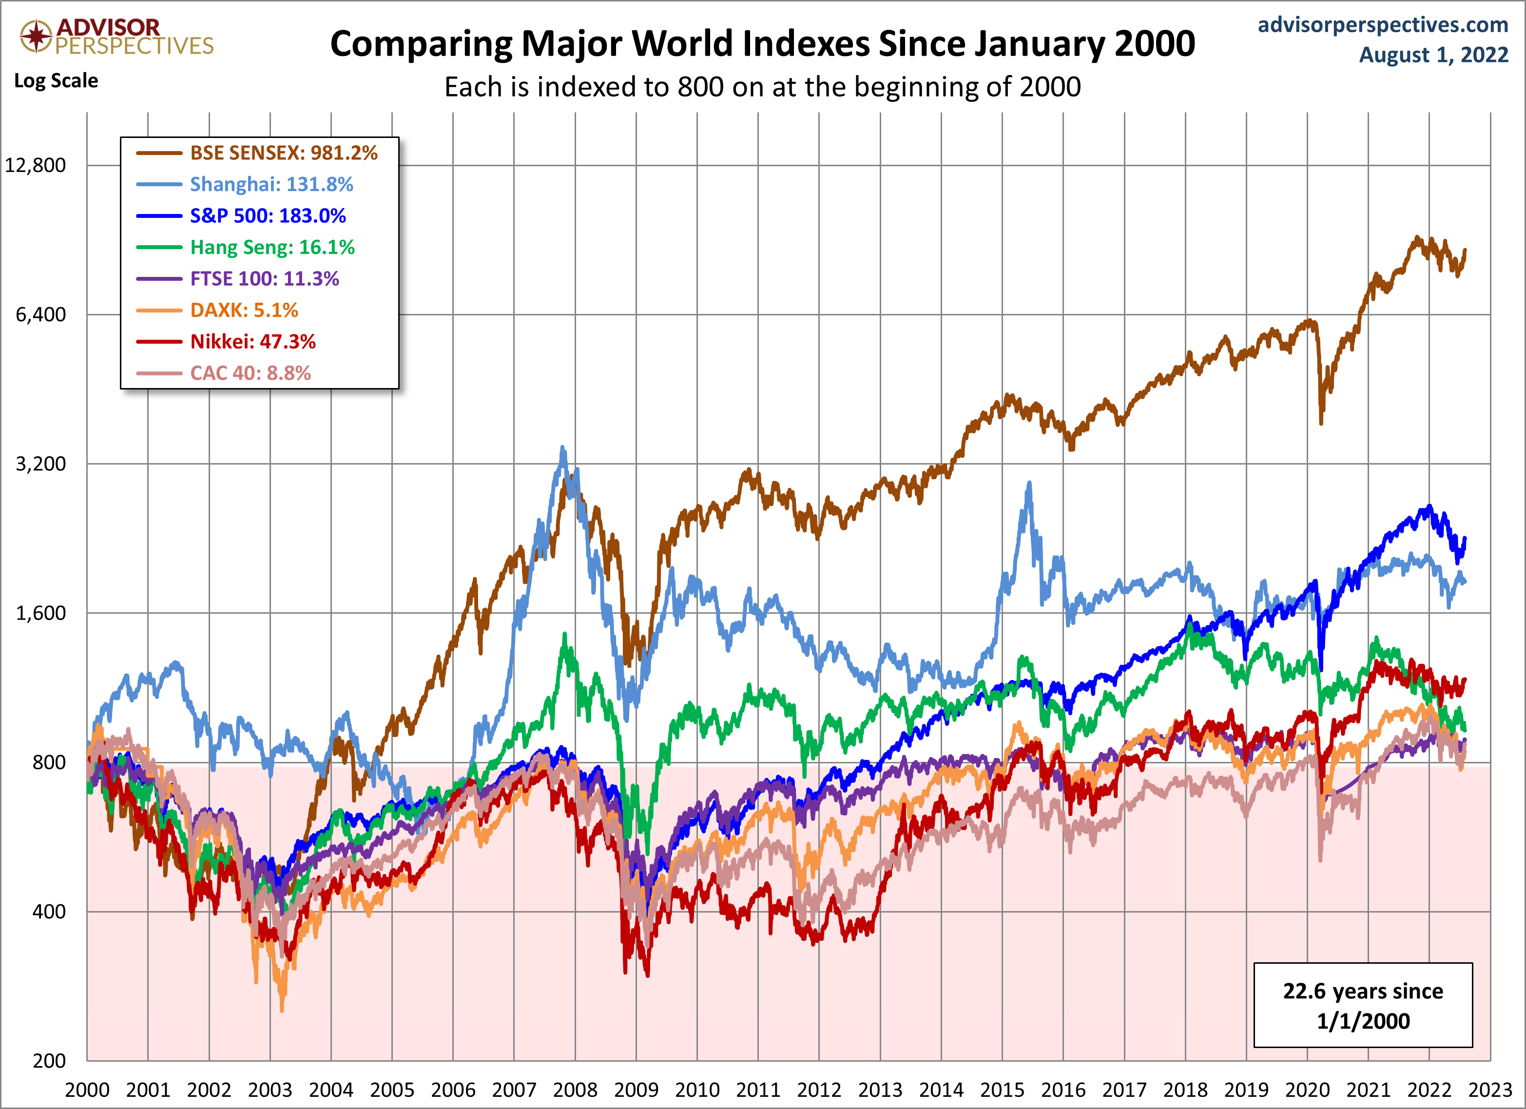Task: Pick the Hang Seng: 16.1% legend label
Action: pos(272,247)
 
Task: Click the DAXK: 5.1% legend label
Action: pos(244,310)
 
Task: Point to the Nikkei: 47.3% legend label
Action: pos(253,342)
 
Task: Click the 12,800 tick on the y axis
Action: pos(36,166)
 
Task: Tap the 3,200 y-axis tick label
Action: pos(41,464)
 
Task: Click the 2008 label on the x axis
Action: pos(575,1090)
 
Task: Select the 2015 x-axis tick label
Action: pos(1002,1090)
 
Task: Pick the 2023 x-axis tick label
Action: pos(1489,1090)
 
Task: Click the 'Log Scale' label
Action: pos(56,81)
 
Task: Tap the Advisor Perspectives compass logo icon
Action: pos(36,36)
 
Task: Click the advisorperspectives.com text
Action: pos(1383,25)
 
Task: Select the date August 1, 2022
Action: pos(1433,55)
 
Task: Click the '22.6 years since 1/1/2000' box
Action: pos(1363,1005)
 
